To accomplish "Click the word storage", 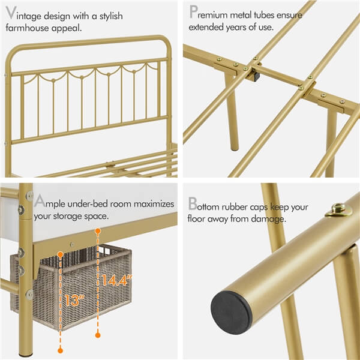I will [77, 215].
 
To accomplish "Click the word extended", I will [207, 27].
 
